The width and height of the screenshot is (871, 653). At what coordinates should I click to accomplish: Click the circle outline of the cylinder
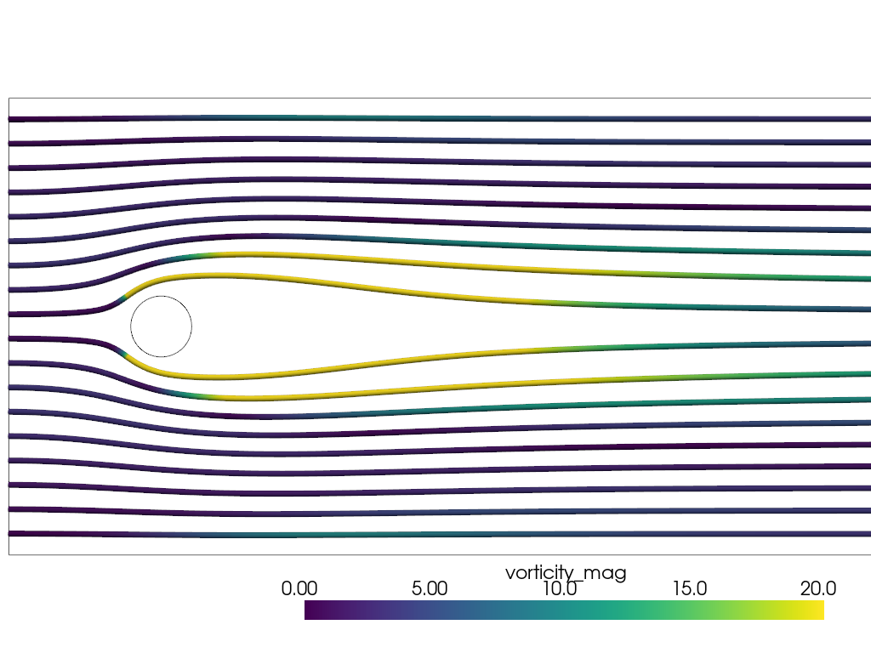coord(131,326)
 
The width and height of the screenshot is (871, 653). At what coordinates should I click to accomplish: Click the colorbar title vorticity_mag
coord(566,572)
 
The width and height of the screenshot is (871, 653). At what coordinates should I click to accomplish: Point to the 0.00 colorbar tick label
coord(299,588)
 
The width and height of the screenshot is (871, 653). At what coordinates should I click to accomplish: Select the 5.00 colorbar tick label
coord(429,588)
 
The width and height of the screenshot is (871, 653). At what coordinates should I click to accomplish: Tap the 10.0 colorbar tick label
coord(560,588)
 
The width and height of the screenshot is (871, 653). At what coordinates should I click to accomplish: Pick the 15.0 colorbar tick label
coord(690,588)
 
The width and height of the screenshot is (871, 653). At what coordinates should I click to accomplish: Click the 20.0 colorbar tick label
coord(819,588)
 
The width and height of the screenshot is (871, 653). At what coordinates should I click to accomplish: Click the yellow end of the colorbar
coord(818,610)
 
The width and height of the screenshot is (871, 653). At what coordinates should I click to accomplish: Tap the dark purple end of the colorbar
coord(310,610)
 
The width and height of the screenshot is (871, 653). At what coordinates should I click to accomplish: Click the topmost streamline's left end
coord(11,119)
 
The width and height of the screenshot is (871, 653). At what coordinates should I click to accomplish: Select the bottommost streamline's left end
coord(11,533)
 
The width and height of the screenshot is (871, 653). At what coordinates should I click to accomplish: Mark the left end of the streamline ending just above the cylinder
coord(11,315)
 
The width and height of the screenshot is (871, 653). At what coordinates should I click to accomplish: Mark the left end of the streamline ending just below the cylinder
coord(11,338)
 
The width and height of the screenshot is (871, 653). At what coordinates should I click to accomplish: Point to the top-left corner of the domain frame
coord(9,98)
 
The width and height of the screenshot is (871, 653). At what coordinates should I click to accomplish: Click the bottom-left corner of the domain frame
coord(9,554)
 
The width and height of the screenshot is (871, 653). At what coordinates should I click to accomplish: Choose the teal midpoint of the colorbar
coord(564,610)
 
